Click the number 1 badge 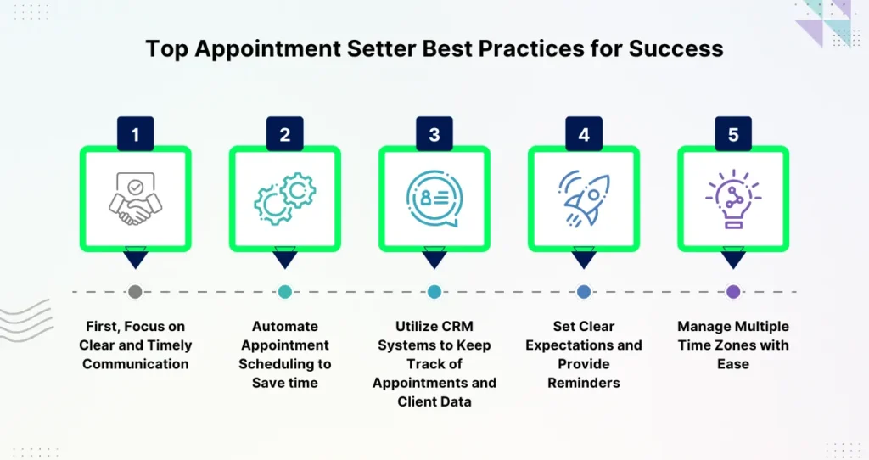pyautogui.click(x=135, y=133)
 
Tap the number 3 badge pyautogui.click(x=434, y=133)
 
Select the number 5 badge pyautogui.click(x=733, y=133)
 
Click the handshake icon pyautogui.click(x=135, y=199)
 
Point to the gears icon pyautogui.click(x=285, y=199)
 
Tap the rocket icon pyautogui.click(x=584, y=199)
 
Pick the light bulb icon pyautogui.click(x=733, y=199)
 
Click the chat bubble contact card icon pyautogui.click(x=434, y=199)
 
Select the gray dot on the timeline pyautogui.click(x=135, y=291)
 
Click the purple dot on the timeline pyautogui.click(x=733, y=291)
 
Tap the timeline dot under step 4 pyautogui.click(x=584, y=291)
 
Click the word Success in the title pyautogui.click(x=676, y=48)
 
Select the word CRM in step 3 pyautogui.click(x=454, y=327)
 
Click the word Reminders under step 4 pyautogui.click(x=584, y=383)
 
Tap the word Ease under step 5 pyautogui.click(x=733, y=364)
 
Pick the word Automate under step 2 pyautogui.click(x=285, y=327)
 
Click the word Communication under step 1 pyautogui.click(x=135, y=364)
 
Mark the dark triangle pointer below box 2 pyautogui.click(x=285, y=258)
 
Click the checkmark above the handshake pyautogui.click(x=135, y=187)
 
